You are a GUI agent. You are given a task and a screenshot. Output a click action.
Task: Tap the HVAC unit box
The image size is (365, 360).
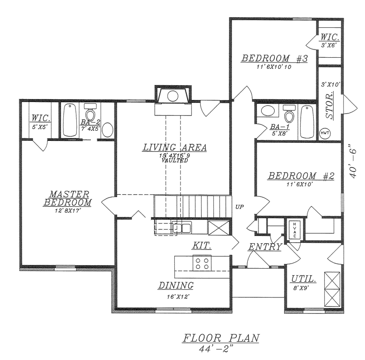[x=294, y=230]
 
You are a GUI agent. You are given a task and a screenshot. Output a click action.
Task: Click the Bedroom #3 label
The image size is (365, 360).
[x=274, y=58]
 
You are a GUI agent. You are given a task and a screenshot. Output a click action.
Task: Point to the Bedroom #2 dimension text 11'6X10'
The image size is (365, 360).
[x=299, y=184]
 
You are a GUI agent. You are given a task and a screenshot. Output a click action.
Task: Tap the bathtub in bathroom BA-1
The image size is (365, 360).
[x=307, y=122]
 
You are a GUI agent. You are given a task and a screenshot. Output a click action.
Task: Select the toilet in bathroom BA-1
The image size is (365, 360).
[x=289, y=114]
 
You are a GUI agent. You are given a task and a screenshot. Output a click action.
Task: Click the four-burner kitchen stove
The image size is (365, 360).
[x=202, y=263]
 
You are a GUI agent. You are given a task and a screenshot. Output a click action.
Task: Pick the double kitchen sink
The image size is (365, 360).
[x=182, y=228]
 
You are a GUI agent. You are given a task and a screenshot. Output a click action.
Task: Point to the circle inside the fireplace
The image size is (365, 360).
[x=173, y=96]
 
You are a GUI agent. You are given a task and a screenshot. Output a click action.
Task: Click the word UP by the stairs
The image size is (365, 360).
[x=240, y=207]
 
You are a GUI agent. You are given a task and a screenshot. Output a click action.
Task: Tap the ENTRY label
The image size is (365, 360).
[x=265, y=247]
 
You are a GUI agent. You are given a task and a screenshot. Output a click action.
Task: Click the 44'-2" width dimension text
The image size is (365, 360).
[x=216, y=349]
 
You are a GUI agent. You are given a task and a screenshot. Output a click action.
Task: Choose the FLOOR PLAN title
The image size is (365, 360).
[x=221, y=338]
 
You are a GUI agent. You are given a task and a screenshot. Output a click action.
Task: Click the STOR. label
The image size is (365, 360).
[x=329, y=106]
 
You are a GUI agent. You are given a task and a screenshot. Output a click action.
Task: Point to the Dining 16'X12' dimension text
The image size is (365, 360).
[x=177, y=297]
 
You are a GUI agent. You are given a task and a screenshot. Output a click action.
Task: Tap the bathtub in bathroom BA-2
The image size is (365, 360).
[x=70, y=120]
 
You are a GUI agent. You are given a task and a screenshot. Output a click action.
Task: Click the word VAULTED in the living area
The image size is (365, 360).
[x=175, y=161]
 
